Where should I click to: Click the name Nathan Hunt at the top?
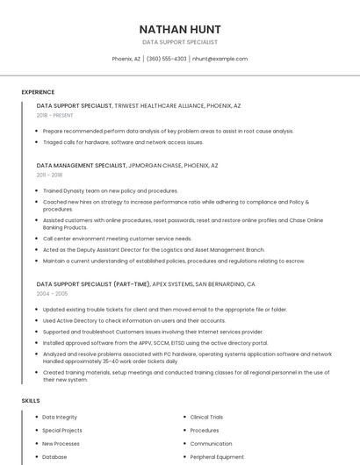pyautogui.click(x=180, y=29)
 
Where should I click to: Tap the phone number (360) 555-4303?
pyautogui.click(x=167, y=59)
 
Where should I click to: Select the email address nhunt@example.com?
pyautogui.click(x=220, y=59)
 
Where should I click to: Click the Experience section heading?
pyautogui.click(x=38, y=92)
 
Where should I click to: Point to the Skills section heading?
pyautogui.click(x=31, y=400)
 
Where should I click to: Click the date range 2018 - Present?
pyautogui.click(x=55, y=115)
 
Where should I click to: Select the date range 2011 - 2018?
pyautogui.click(x=50, y=175)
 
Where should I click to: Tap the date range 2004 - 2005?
pyautogui.click(x=53, y=294)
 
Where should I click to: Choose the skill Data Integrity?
pyautogui.click(x=60, y=418)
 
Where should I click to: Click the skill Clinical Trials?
pyautogui.click(x=206, y=418)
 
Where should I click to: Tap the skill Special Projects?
pyautogui.click(x=62, y=431)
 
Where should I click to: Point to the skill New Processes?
pyautogui.click(x=61, y=444)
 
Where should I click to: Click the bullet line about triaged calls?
pyautogui.click(x=123, y=142)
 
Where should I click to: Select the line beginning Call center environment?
pyautogui.click(x=117, y=239)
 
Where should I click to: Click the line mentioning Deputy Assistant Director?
pyautogui.click(x=154, y=249)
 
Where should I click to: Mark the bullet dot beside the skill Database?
pyautogui.click(x=35, y=457)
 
